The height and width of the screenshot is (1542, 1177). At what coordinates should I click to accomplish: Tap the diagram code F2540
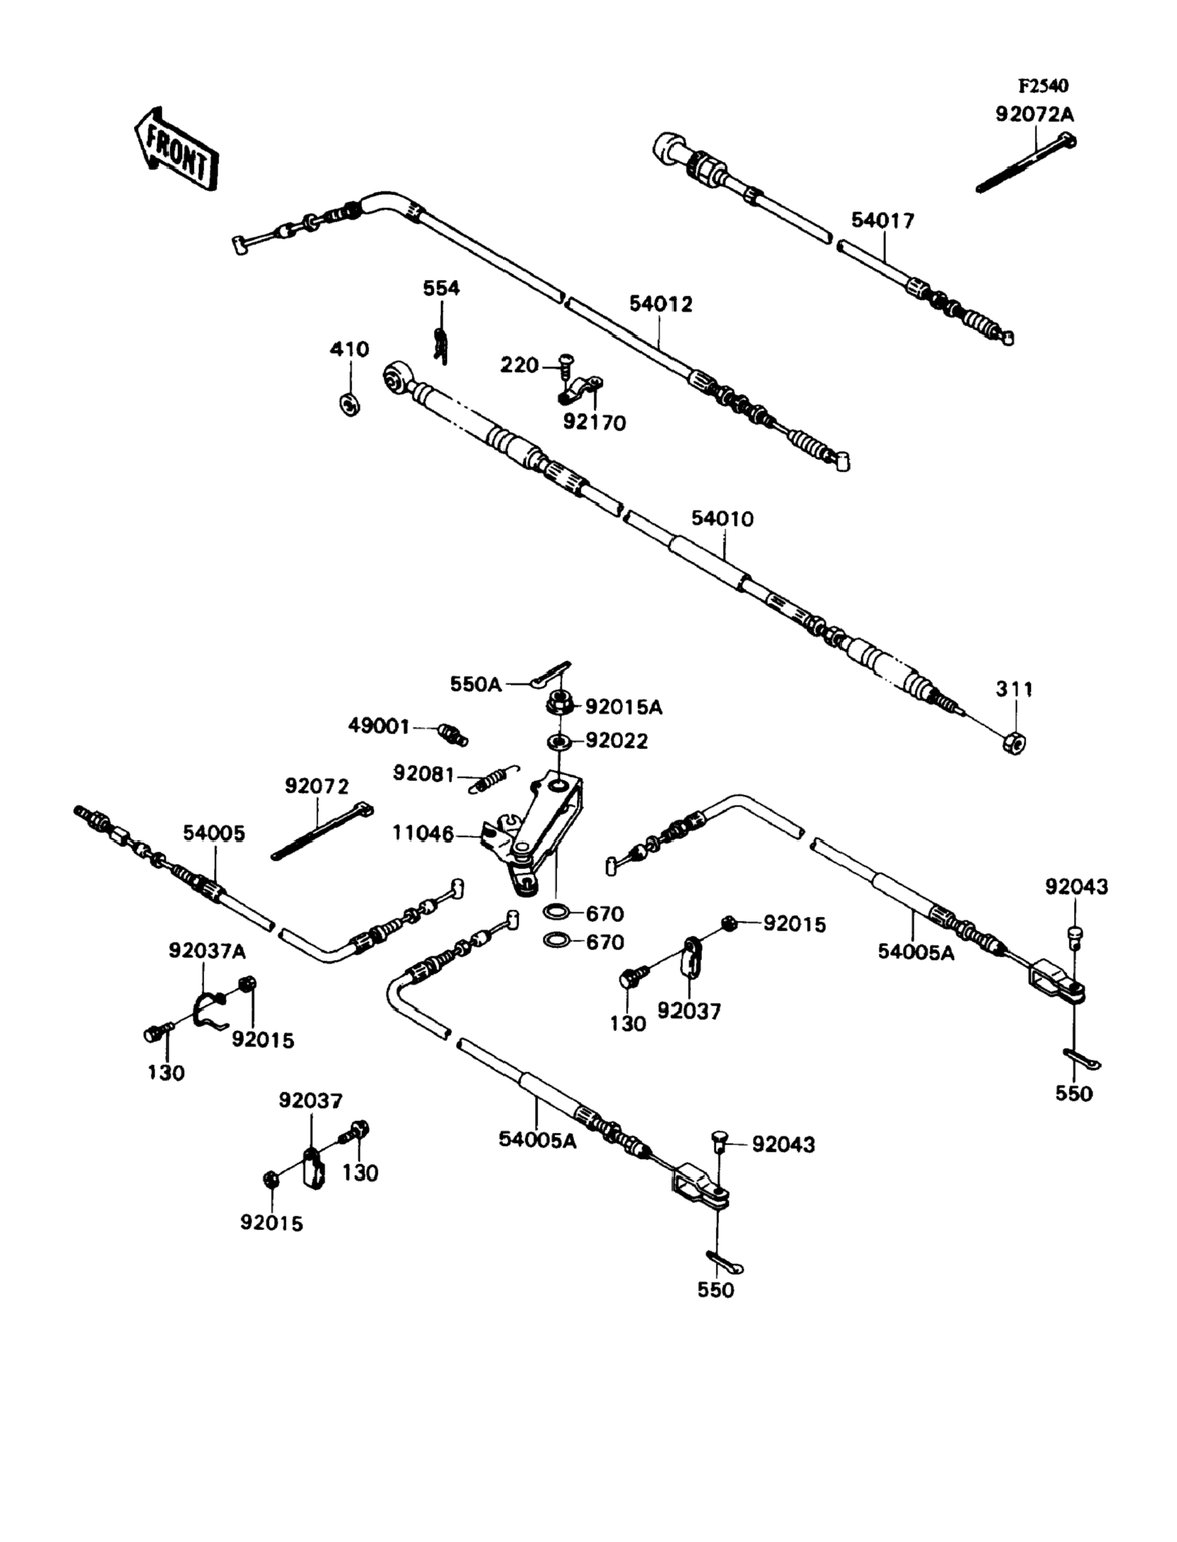1043,86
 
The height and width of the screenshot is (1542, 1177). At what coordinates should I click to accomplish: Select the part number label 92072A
1035,114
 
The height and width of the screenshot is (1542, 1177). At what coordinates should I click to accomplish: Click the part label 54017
883,221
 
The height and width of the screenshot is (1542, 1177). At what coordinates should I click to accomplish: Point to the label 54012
660,304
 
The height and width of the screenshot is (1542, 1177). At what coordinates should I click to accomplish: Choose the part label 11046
423,834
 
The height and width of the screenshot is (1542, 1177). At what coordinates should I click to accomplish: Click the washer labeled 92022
559,741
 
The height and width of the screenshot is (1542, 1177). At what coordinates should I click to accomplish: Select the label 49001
378,726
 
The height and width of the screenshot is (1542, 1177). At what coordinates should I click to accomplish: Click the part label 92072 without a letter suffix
316,786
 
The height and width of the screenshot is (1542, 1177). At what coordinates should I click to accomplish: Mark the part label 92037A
207,951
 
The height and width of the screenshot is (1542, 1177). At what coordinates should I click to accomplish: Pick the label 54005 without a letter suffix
214,833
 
